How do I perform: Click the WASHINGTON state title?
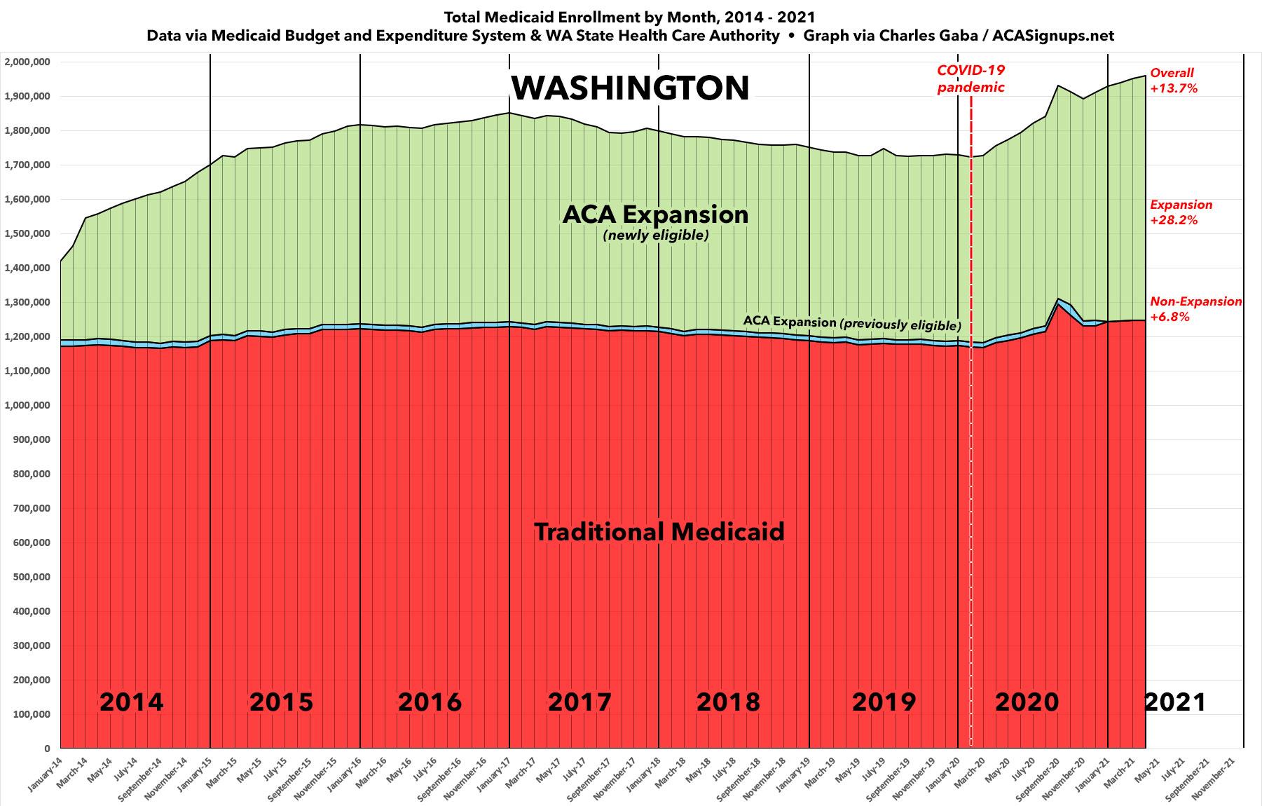coord(631,88)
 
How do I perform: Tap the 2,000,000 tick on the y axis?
coord(27,62)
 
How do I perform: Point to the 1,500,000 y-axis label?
coord(27,234)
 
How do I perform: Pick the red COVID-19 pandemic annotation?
coord(970,78)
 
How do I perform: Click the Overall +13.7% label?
coord(1173,81)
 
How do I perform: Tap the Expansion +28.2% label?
coord(1181,212)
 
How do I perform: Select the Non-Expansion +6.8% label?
coord(1195,309)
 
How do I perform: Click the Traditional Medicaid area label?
coord(659,532)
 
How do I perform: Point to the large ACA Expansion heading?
coord(655,214)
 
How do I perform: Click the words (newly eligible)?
coord(656,235)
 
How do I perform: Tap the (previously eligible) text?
coord(900,325)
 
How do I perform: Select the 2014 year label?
coord(131,702)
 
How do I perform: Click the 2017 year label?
coord(579,702)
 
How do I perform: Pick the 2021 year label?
coord(1175,702)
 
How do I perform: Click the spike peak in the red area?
coord(1058,305)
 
